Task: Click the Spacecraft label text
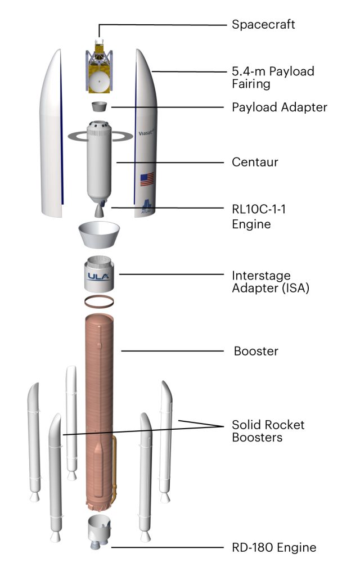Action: (263, 25)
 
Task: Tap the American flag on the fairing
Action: (147, 180)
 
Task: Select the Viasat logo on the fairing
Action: (147, 134)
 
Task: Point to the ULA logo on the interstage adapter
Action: (98, 276)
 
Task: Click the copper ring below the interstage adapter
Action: (99, 301)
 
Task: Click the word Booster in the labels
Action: (256, 352)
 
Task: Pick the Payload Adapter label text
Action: (279, 107)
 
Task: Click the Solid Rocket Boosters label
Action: (268, 430)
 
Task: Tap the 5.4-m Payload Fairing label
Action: (273, 78)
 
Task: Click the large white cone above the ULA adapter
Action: (99, 234)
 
